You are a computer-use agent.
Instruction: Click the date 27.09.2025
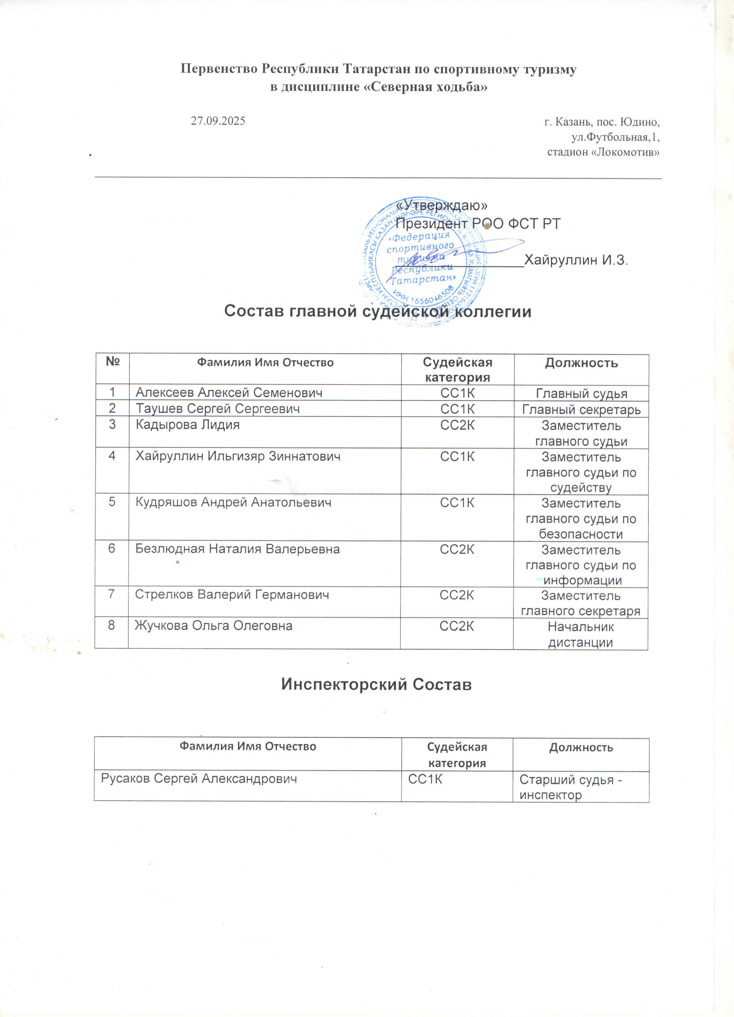pyautogui.click(x=218, y=121)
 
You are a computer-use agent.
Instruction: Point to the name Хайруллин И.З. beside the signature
pyautogui.click(x=576, y=260)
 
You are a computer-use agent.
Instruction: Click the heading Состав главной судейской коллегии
pyautogui.click(x=377, y=311)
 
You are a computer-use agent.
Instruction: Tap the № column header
pyautogui.click(x=112, y=361)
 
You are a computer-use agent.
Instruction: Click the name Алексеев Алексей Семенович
pyautogui.click(x=229, y=393)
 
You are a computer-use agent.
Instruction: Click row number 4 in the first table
pyautogui.click(x=112, y=456)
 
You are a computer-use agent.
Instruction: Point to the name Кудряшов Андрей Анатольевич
pyautogui.click(x=233, y=503)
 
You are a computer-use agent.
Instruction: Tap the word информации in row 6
pyautogui.click(x=582, y=580)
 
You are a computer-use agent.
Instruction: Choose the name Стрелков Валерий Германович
pyautogui.click(x=232, y=595)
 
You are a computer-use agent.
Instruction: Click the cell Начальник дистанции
pyautogui.click(x=581, y=634)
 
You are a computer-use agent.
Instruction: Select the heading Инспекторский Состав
pyautogui.click(x=376, y=684)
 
